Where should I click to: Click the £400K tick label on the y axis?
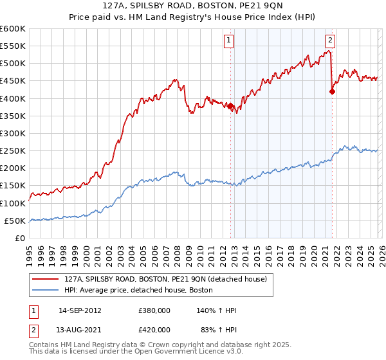[x=12, y=98]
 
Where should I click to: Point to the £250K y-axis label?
[x=12, y=151]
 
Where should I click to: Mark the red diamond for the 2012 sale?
[x=230, y=105]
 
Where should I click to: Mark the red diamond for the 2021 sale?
[x=332, y=91]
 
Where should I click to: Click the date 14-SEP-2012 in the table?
[x=80, y=310]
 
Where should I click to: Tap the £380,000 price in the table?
[x=154, y=310]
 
